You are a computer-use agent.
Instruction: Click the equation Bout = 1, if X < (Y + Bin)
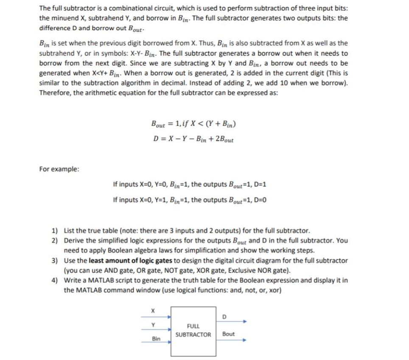(193, 124)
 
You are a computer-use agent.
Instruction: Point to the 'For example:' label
(59, 169)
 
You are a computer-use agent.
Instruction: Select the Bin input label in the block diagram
(156, 339)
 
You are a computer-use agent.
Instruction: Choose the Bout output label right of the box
(228, 334)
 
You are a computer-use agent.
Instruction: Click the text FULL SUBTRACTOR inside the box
(193, 330)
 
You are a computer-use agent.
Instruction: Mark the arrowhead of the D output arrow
(244, 322)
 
